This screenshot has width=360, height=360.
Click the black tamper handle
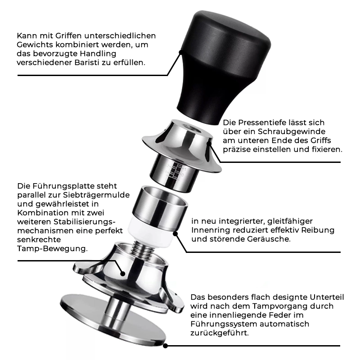click(x=224, y=67)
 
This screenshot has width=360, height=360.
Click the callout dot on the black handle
click(x=181, y=52)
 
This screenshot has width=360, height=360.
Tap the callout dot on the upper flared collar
click(x=209, y=144)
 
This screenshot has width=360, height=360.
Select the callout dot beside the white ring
click(x=175, y=234)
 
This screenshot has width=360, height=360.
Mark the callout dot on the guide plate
click(x=123, y=274)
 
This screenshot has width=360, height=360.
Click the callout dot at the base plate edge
click(x=165, y=346)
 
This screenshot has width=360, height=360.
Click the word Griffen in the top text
click(x=68, y=36)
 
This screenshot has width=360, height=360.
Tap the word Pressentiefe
click(x=259, y=122)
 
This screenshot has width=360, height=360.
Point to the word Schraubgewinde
click(x=292, y=131)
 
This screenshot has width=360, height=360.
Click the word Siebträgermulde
click(x=96, y=195)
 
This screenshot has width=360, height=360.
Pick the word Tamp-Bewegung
click(x=52, y=249)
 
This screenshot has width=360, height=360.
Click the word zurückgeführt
click(x=220, y=333)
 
